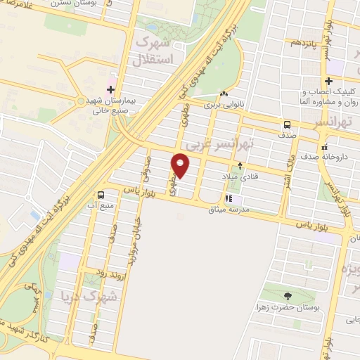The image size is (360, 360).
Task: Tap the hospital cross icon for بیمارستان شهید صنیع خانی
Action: click(x=110, y=89)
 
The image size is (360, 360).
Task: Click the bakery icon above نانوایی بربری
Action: click(x=223, y=94)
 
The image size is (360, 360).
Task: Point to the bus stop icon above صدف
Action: click(x=286, y=124)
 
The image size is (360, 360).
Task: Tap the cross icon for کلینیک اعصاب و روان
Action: click(x=328, y=81)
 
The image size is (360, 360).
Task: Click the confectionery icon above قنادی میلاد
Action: click(x=241, y=167)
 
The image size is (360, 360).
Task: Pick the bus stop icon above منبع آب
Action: click(x=101, y=195)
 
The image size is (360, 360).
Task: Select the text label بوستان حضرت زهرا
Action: click(x=288, y=308)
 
